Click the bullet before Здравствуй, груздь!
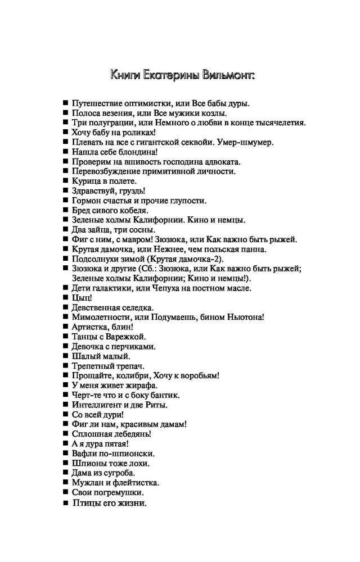tap(66, 191)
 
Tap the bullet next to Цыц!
tap(66, 298)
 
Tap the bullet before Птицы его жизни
tap(66, 503)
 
